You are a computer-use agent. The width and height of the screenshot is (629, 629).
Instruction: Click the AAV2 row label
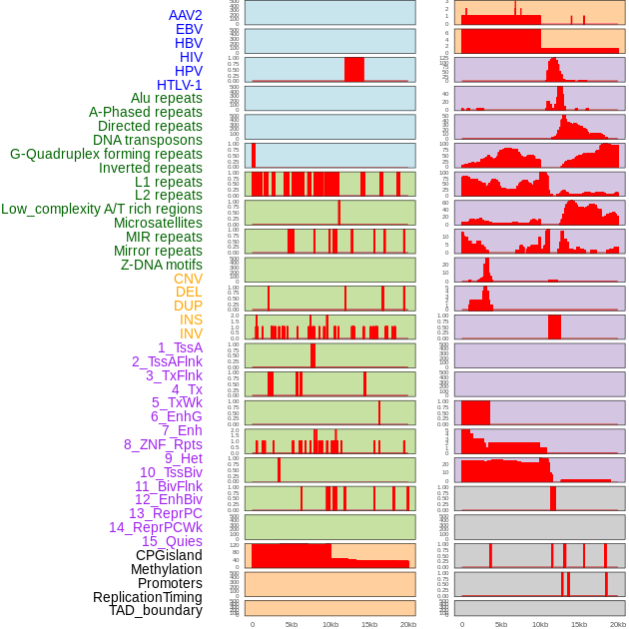tap(185, 15)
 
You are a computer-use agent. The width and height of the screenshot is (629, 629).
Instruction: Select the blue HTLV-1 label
tap(179, 85)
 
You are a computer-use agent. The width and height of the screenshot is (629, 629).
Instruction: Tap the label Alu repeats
tap(166, 98)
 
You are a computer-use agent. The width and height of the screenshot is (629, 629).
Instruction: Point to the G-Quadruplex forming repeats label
tap(106, 154)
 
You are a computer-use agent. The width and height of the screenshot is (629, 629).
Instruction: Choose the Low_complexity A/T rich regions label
tap(102, 209)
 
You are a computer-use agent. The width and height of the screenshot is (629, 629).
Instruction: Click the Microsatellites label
tap(158, 223)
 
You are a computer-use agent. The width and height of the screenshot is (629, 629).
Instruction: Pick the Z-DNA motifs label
tap(161, 265)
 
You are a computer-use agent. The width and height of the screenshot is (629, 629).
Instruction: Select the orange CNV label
tap(188, 279)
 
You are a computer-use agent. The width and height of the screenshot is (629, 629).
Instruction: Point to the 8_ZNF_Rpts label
tap(163, 444)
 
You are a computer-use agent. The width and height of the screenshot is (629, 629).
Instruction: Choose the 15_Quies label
tap(172, 541)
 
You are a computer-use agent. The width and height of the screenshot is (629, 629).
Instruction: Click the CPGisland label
tap(169, 555)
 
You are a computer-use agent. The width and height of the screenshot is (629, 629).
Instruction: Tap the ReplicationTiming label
tap(147, 597)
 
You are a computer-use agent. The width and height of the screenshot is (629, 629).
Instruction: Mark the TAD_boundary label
tap(155, 610)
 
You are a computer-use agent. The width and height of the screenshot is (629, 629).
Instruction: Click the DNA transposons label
tap(148, 140)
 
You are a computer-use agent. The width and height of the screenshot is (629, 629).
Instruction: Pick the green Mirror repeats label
tap(158, 251)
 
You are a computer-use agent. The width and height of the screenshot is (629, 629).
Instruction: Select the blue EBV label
tap(189, 29)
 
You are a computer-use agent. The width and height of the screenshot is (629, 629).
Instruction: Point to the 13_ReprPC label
tap(165, 513)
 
